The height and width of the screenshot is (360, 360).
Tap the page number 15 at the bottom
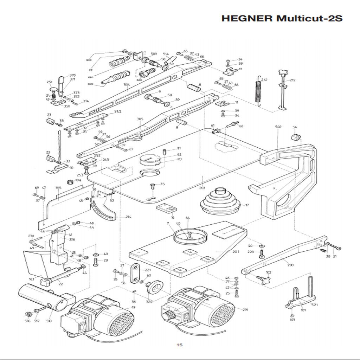[180, 345]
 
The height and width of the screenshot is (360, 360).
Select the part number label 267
[264, 80]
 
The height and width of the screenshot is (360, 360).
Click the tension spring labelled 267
[259, 91]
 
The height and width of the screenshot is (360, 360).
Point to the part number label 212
[292, 80]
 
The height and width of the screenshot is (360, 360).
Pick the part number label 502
[278, 127]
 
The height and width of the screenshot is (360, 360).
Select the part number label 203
[202, 188]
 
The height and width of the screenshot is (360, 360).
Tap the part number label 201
[236, 252]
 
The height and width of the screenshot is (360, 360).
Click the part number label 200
[290, 265]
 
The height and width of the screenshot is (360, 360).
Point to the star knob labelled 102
[265, 279]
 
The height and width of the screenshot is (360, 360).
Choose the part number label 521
[315, 305]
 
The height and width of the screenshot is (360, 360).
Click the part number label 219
[245, 310]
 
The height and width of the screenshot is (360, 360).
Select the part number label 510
[49, 321]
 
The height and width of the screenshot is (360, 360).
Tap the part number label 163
[32, 279]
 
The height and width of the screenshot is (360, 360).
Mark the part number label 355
[58, 188]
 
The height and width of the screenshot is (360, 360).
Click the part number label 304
[127, 85]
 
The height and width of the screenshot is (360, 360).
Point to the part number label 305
[140, 119]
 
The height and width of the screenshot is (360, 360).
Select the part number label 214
[128, 217]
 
